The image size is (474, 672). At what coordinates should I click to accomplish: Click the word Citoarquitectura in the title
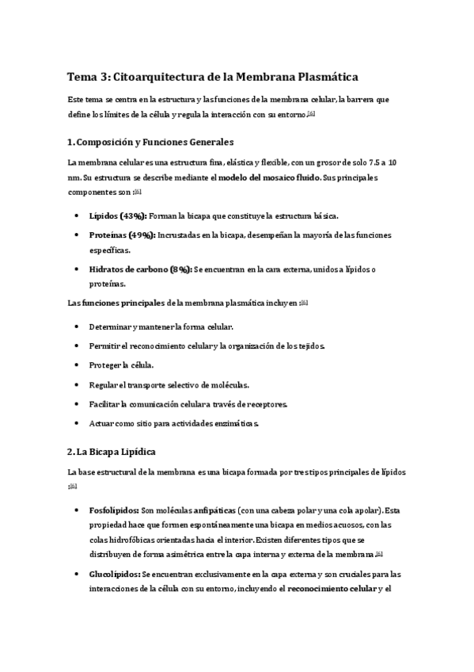click(x=162, y=77)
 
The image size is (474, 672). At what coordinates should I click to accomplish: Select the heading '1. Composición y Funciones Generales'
click(x=150, y=142)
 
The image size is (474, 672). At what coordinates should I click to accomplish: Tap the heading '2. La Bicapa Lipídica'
click(x=112, y=452)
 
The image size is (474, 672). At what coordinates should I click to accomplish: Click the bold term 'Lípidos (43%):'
click(x=117, y=216)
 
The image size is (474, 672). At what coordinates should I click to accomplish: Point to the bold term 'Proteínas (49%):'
click(x=123, y=235)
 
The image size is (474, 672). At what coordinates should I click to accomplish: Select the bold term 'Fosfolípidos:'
click(x=115, y=510)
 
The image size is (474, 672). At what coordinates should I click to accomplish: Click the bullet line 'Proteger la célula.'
click(x=121, y=365)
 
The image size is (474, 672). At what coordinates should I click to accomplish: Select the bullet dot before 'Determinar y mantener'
click(x=75, y=326)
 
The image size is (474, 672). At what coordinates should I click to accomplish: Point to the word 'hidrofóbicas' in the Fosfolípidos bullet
click(x=135, y=539)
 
